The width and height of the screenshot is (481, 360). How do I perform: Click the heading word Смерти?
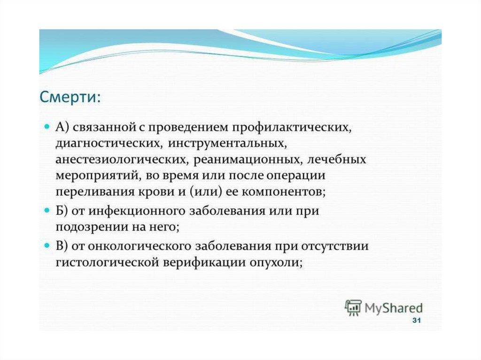(x=68, y=97)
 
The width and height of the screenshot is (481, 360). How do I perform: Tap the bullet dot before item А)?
(x=47, y=126)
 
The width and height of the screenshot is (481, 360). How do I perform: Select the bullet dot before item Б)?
(x=47, y=210)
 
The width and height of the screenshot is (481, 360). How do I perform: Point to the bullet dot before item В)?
(x=47, y=245)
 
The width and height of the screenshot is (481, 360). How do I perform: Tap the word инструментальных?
(x=227, y=144)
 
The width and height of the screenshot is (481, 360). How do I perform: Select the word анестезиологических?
(x=120, y=160)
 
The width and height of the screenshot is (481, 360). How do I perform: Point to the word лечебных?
(x=336, y=160)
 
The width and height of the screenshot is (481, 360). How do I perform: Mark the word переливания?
(x=95, y=192)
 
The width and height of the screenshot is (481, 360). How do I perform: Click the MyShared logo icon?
(x=353, y=307)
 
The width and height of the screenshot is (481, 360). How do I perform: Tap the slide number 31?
(x=416, y=321)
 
